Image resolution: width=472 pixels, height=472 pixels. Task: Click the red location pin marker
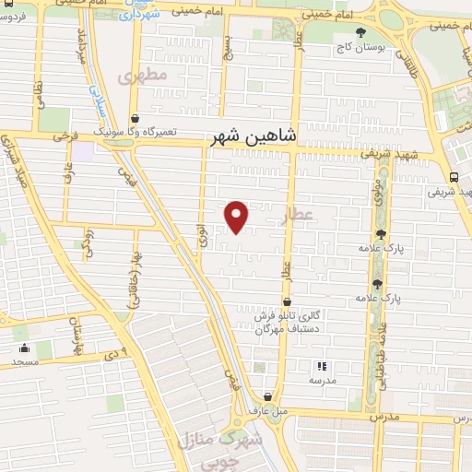(x=237, y=216)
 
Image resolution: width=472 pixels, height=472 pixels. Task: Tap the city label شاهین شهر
(x=256, y=135)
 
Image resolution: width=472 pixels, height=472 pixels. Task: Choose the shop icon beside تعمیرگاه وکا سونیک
(x=136, y=119)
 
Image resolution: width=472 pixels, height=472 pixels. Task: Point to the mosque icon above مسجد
(x=23, y=349)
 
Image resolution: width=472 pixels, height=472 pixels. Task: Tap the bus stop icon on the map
(x=454, y=178)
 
